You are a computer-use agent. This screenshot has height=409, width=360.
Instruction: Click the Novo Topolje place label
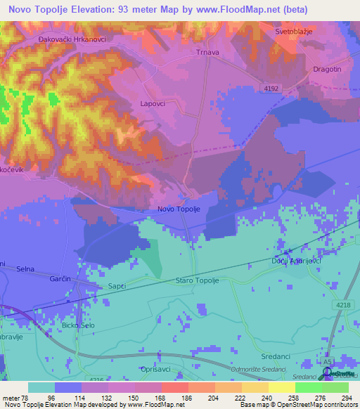click(x=179, y=209)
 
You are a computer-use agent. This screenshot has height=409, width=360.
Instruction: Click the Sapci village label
click(x=117, y=287)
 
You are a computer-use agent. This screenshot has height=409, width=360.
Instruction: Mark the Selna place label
click(x=25, y=269)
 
